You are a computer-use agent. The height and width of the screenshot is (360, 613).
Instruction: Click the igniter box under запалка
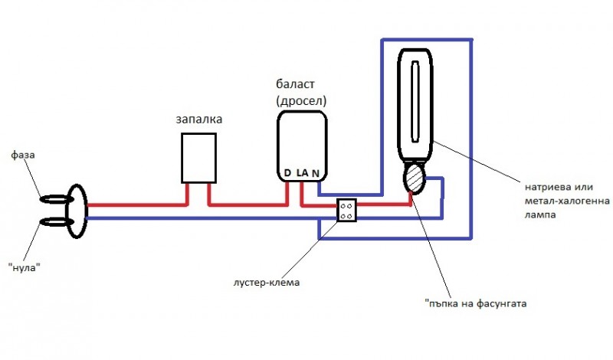pyautogui.click(x=198, y=158)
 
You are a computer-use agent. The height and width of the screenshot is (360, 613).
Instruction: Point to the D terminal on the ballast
pyautogui.click(x=287, y=173)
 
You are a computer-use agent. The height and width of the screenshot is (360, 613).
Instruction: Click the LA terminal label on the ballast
pyautogui.click(x=302, y=174)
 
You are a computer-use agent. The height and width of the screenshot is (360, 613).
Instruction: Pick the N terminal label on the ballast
pyautogui.click(x=316, y=174)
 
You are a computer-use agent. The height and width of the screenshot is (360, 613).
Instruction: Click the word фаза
pyautogui.click(x=23, y=155)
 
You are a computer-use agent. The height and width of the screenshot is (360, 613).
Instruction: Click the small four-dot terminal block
pyautogui.click(x=346, y=211)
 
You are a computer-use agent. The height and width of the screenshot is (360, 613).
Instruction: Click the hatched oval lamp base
pyautogui.click(x=415, y=181)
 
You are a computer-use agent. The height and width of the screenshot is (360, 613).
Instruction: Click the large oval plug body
pyautogui.click(x=77, y=211)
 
